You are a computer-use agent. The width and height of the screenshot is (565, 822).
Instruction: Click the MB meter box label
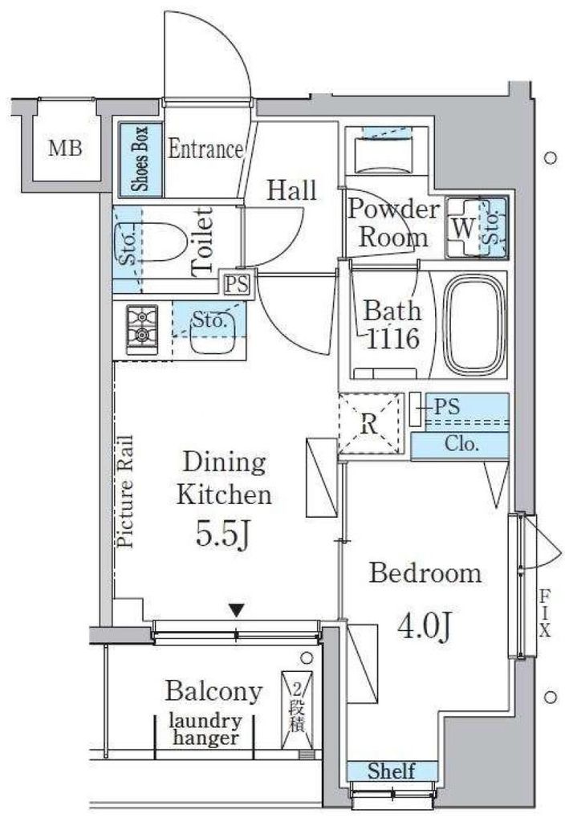(x=66, y=149)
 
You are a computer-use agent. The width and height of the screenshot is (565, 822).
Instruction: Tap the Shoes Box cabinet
(x=140, y=160)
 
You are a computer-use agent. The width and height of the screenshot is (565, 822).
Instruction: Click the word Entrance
(x=205, y=149)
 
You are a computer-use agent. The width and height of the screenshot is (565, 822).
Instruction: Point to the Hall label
(x=291, y=190)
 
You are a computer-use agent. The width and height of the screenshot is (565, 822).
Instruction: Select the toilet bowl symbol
(x=161, y=244)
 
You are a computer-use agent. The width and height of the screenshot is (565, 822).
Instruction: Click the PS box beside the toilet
(x=237, y=285)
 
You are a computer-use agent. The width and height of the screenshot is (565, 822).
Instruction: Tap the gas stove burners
(x=141, y=329)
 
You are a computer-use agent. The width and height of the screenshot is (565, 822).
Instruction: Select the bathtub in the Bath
(x=472, y=325)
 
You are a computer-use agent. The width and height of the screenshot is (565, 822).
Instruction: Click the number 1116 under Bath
(x=392, y=340)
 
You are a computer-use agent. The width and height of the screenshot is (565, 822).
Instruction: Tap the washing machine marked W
(x=463, y=228)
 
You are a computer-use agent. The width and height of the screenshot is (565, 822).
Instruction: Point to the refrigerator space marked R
(x=371, y=424)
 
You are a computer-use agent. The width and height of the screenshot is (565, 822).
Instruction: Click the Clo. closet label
(x=461, y=445)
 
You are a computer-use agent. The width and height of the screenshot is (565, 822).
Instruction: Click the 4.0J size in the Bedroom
(x=425, y=626)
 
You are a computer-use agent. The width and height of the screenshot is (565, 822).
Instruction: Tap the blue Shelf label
(x=392, y=771)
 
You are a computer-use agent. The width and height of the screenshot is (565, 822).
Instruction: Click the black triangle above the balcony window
(x=237, y=610)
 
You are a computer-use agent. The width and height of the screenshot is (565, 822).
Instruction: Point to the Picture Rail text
(x=126, y=492)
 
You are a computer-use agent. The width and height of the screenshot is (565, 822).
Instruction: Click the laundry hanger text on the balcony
(x=205, y=730)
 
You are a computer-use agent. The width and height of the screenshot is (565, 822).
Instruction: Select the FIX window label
(x=546, y=612)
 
